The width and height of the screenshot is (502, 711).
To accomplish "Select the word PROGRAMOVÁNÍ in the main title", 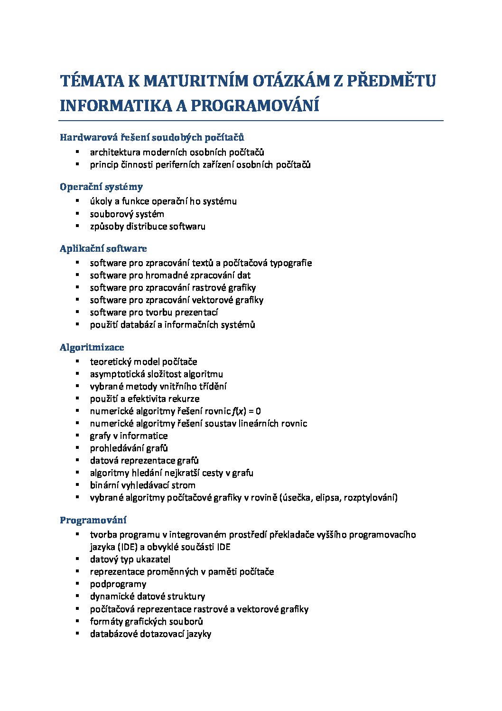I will click(255, 105).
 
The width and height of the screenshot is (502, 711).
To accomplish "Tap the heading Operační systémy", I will click(101, 187).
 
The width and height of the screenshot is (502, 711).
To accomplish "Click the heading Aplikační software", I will click(103, 248).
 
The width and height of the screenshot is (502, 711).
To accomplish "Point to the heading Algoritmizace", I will click(92, 347).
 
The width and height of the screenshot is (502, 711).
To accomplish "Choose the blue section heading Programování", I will click(93, 520).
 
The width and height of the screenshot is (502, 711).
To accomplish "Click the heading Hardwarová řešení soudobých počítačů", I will click(152, 137).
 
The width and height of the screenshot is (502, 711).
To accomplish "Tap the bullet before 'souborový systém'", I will click(77, 213).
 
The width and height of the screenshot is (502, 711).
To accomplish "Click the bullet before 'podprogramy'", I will click(77, 583).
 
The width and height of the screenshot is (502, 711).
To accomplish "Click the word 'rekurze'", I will click(184, 398).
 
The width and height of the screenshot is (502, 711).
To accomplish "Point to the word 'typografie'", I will click(291, 263).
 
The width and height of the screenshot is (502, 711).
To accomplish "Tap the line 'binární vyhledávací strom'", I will click(142, 485).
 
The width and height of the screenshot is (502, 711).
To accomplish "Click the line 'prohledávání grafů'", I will click(129, 448).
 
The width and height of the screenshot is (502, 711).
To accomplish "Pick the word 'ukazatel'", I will click(153, 559).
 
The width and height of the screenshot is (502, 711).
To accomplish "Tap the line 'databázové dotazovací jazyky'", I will click(150, 634).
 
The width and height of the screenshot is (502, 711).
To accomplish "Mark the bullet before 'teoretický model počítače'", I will click(77, 361).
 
